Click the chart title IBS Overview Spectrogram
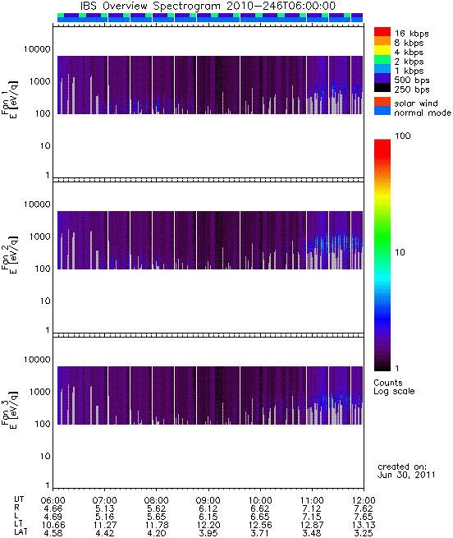point(150,7)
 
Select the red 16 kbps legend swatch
point(382,31)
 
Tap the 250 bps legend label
point(411,90)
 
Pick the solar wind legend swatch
point(382,101)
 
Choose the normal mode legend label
point(423,113)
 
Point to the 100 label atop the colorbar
point(403,136)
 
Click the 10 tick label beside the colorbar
point(400,252)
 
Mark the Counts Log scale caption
point(394,387)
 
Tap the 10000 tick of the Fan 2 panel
point(37,205)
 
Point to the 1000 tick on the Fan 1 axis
point(39,81)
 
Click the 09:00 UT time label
point(208,500)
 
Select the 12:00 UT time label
point(364,500)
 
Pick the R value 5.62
point(157,508)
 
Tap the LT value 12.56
point(260,525)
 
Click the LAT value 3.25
point(364,533)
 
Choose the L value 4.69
point(53,517)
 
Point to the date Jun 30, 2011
point(406,476)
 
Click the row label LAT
point(21,533)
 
